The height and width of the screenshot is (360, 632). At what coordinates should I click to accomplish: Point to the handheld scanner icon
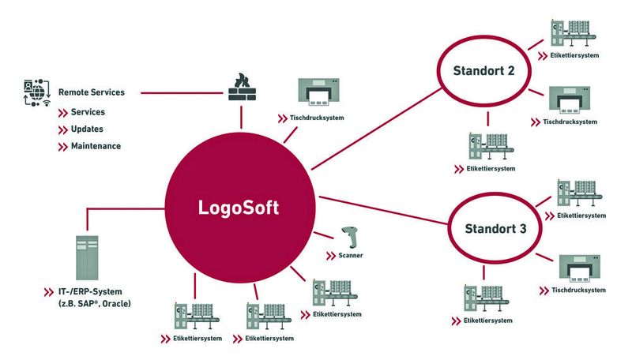(349, 237)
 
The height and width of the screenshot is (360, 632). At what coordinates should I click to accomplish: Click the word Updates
(87, 129)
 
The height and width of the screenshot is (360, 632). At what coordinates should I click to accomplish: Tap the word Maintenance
(96, 146)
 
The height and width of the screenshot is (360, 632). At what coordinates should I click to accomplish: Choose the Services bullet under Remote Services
(87, 112)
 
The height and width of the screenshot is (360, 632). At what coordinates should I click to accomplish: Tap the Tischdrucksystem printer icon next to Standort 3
(582, 269)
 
